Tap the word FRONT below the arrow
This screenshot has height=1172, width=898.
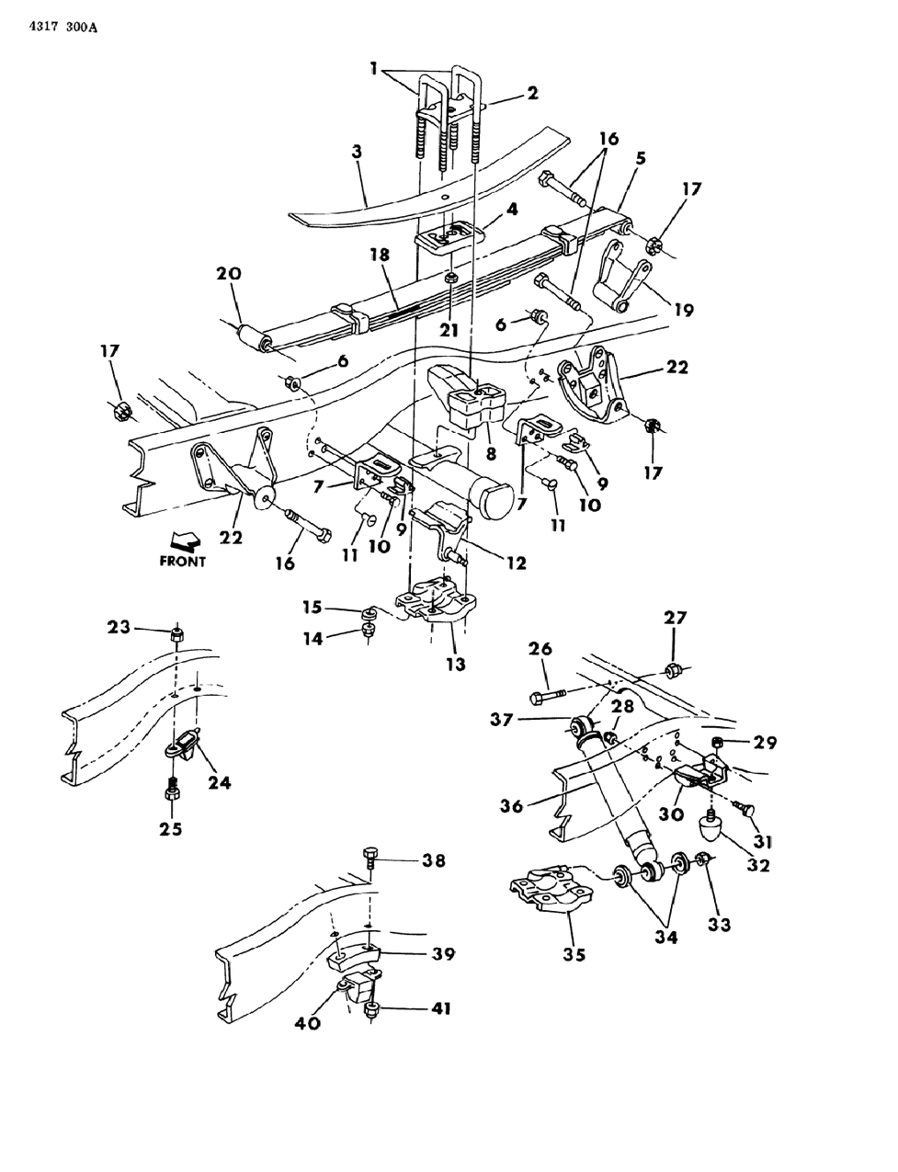tap(182, 561)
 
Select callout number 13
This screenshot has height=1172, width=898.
tap(455, 664)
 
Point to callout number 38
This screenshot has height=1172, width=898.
tap(434, 860)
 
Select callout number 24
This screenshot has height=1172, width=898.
tap(219, 782)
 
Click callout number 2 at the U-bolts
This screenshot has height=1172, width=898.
tap(532, 93)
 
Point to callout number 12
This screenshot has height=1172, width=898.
tap(515, 563)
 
